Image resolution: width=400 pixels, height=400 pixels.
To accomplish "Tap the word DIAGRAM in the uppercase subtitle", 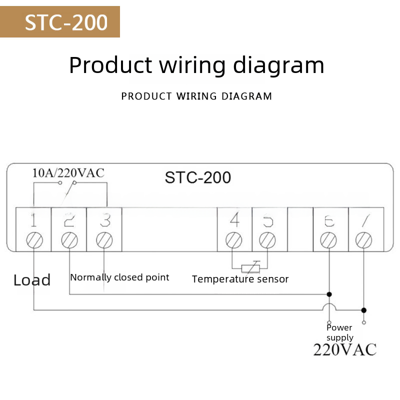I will pyautogui.click(x=247, y=96).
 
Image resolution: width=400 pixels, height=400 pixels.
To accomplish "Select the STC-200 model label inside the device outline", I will pyautogui.click(x=198, y=177).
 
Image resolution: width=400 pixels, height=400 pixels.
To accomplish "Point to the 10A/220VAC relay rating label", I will pyautogui.click(x=68, y=173).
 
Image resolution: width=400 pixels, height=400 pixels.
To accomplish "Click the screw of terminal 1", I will pyautogui.click(x=34, y=240).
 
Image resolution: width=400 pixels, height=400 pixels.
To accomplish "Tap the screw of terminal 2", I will pyautogui.click(x=69, y=240).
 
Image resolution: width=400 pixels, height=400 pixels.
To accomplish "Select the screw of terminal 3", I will pyautogui.click(x=104, y=240).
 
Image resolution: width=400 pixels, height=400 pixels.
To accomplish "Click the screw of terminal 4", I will pyautogui.click(x=233, y=240).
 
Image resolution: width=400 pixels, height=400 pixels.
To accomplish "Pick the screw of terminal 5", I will pyautogui.click(x=267, y=240).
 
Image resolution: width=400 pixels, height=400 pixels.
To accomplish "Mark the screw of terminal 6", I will pyautogui.click(x=328, y=240).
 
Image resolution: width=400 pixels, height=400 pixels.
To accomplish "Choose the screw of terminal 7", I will pyautogui.click(x=363, y=240).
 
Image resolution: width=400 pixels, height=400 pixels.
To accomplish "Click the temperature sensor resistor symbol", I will pyautogui.click(x=250, y=267).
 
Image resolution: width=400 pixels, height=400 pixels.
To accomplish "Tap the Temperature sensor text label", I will pyautogui.click(x=240, y=279).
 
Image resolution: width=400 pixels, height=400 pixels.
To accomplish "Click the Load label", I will pyautogui.click(x=32, y=280).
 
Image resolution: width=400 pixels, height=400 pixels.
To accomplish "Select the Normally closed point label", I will pyautogui.click(x=119, y=277).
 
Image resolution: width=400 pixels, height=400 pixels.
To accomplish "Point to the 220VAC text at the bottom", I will pyautogui.click(x=344, y=349).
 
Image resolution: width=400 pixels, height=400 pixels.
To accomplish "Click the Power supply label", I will pyautogui.click(x=339, y=332).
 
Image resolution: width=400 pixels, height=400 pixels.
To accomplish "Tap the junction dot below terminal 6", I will pyautogui.click(x=328, y=294).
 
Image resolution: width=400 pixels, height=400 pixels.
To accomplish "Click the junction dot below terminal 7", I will pyautogui.click(x=363, y=310).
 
